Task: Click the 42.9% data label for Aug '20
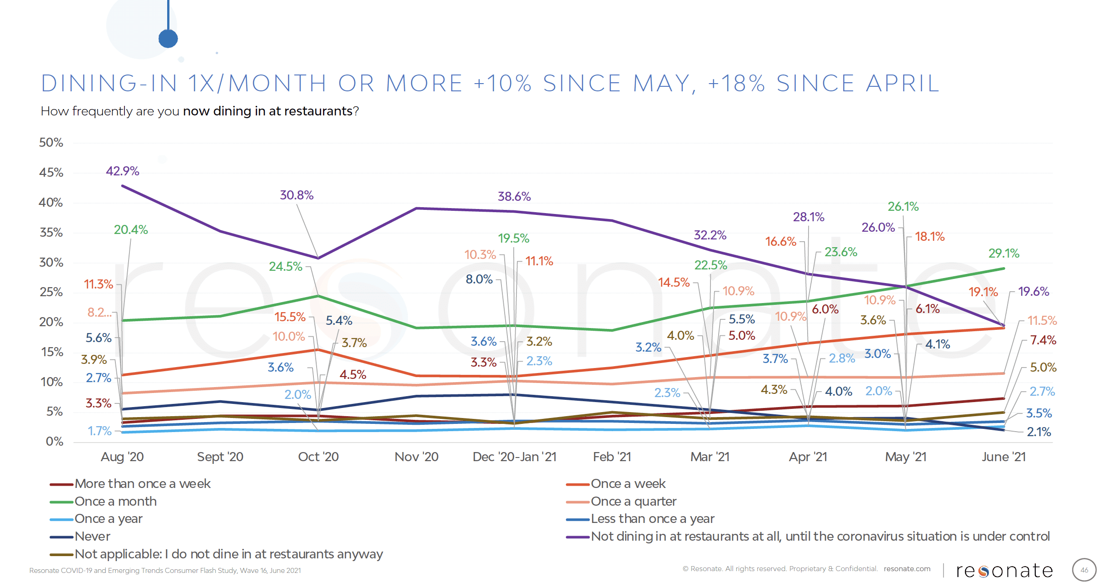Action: [122, 171]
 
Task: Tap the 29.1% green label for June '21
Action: [1003, 254]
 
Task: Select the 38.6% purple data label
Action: [514, 197]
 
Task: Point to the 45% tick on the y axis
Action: [51, 173]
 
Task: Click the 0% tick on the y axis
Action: [55, 442]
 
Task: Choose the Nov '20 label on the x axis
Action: [416, 457]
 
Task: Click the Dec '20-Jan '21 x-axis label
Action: [514, 457]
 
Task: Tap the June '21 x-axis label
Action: [1003, 457]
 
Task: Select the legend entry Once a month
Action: [115, 502]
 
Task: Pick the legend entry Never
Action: [92, 537]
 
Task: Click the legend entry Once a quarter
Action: [633, 502]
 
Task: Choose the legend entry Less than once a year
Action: [652, 519]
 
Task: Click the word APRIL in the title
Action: [903, 84]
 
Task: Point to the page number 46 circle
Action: [1084, 570]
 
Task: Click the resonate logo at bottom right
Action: [1004, 571]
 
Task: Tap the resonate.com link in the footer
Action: [907, 569]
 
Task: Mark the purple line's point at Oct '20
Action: [318, 258]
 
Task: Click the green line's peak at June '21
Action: [1003, 269]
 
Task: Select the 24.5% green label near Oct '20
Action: [285, 267]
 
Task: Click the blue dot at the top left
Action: [168, 39]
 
